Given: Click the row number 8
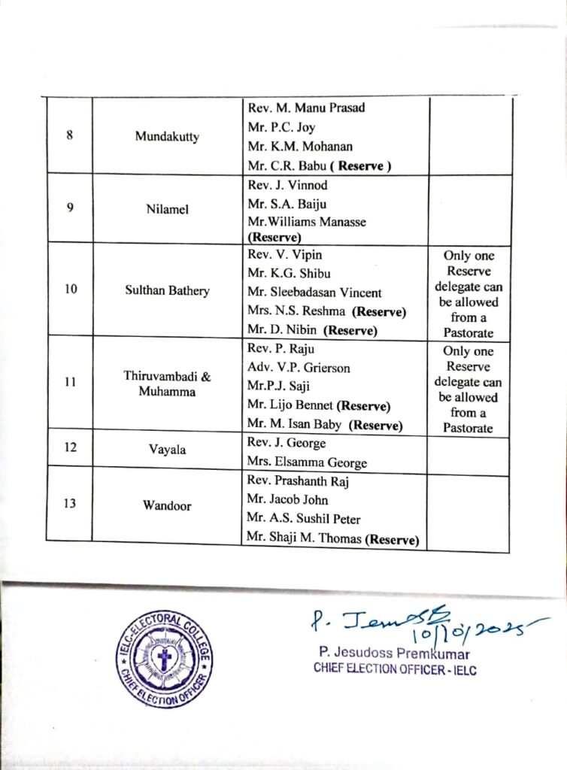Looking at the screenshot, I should [x=69, y=137].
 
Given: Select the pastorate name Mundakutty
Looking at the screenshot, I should [x=167, y=137].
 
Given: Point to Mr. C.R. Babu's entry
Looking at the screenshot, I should [x=320, y=165].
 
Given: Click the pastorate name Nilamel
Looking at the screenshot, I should [x=167, y=209].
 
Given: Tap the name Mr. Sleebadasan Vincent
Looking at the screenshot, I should [x=314, y=293].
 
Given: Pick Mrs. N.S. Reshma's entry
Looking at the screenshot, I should [x=326, y=311].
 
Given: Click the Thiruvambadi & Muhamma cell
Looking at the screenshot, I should [x=167, y=383].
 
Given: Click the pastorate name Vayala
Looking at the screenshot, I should [x=167, y=450].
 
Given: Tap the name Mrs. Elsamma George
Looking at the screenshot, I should [x=304, y=462].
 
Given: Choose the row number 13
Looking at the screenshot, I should [x=70, y=504].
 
